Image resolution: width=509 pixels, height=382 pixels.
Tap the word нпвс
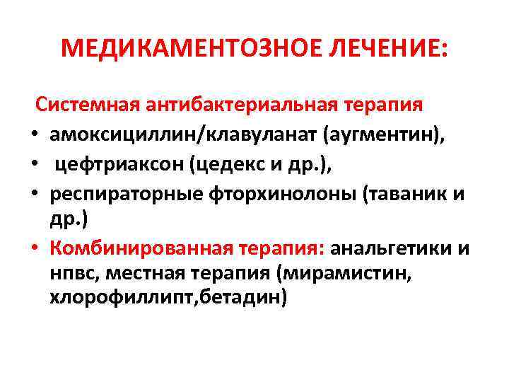tap(71, 272)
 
